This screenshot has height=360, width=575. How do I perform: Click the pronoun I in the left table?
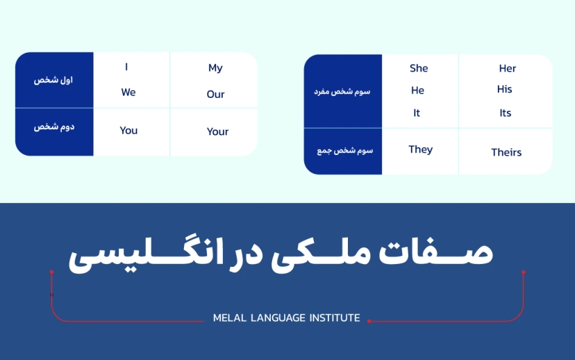click(x=126, y=67)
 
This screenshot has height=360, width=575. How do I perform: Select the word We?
click(x=128, y=92)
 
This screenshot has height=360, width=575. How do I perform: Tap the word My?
click(x=215, y=68)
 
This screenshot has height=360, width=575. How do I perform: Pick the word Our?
click(x=215, y=95)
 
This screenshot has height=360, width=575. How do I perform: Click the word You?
click(x=128, y=130)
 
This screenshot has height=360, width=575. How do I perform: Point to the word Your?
click(x=217, y=131)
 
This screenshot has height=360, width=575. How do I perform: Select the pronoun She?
click(x=419, y=68)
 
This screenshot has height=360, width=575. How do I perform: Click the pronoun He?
click(x=417, y=90)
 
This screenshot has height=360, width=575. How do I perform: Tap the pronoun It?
click(x=417, y=113)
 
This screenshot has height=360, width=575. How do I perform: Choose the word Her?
click(x=508, y=68)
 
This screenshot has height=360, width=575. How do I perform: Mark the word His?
click(x=505, y=90)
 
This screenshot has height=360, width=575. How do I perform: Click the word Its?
click(x=505, y=113)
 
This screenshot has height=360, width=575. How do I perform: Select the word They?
click(x=420, y=149)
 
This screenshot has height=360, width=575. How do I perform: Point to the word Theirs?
click(x=506, y=152)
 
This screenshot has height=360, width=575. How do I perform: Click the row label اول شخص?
click(x=53, y=80)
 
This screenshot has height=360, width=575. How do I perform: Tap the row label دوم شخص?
click(x=53, y=128)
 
